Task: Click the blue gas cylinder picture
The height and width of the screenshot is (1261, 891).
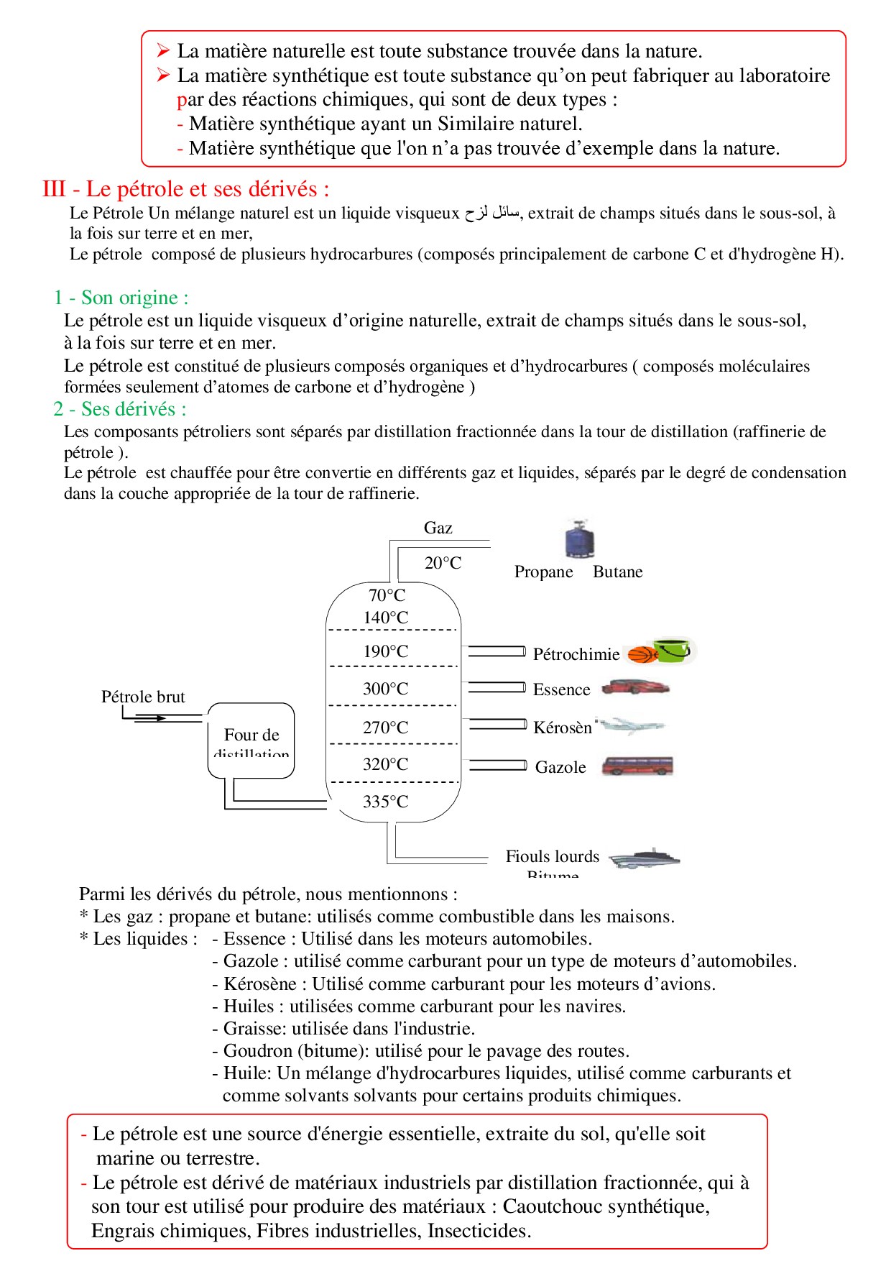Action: tap(579, 539)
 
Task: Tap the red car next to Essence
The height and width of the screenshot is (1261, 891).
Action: tap(635, 687)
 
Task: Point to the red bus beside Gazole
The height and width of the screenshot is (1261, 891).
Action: tap(637, 766)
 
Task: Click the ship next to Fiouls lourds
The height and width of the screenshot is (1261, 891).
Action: tap(645, 858)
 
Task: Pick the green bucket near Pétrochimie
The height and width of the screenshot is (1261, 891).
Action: tap(673, 650)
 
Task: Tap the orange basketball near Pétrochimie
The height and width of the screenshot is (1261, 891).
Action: tap(641, 655)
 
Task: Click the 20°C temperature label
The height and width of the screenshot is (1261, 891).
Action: tap(443, 563)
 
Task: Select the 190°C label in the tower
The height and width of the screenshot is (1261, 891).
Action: tap(386, 651)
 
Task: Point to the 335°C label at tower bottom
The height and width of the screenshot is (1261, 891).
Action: tap(386, 802)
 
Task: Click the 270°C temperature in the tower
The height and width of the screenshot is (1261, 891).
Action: tap(386, 728)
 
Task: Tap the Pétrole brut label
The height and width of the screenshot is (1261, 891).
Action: tap(143, 697)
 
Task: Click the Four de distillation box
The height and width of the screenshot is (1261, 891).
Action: tap(251, 740)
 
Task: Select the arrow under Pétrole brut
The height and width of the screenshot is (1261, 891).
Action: tap(151, 717)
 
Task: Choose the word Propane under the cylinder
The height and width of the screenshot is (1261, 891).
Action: tap(543, 572)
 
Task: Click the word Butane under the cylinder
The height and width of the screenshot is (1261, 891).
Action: tap(618, 572)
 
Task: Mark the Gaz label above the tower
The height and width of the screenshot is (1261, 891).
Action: tap(438, 528)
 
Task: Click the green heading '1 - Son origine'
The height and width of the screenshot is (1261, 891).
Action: tap(121, 298)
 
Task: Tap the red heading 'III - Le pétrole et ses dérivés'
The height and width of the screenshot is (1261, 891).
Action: tap(186, 189)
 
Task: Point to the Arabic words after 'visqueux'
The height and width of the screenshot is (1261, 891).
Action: tap(492, 213)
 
